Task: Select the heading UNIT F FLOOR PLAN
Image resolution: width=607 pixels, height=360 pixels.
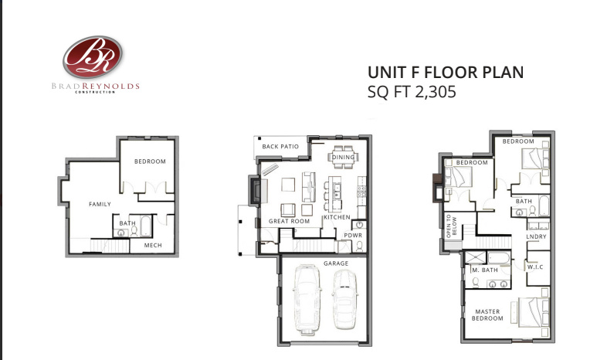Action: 446,73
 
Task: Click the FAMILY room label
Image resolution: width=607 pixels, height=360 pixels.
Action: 100,205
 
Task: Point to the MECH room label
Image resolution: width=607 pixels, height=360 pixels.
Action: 153,246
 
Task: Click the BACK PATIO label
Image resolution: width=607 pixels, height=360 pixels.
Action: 280,146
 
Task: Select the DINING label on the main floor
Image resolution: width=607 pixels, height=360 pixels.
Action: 344,158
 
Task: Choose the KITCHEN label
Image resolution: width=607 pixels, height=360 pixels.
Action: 337,217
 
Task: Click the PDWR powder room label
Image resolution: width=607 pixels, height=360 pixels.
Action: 353,236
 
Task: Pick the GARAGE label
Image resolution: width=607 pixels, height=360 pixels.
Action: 336,263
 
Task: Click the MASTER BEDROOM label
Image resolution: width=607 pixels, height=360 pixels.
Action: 488,316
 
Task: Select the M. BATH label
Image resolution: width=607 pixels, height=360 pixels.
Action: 483,270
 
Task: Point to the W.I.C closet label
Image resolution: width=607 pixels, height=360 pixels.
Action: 536,267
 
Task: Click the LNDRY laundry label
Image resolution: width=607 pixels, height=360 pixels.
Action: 536,236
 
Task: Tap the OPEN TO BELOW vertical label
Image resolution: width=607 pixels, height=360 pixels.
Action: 449,224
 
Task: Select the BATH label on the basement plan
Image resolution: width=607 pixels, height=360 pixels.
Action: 127,224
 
